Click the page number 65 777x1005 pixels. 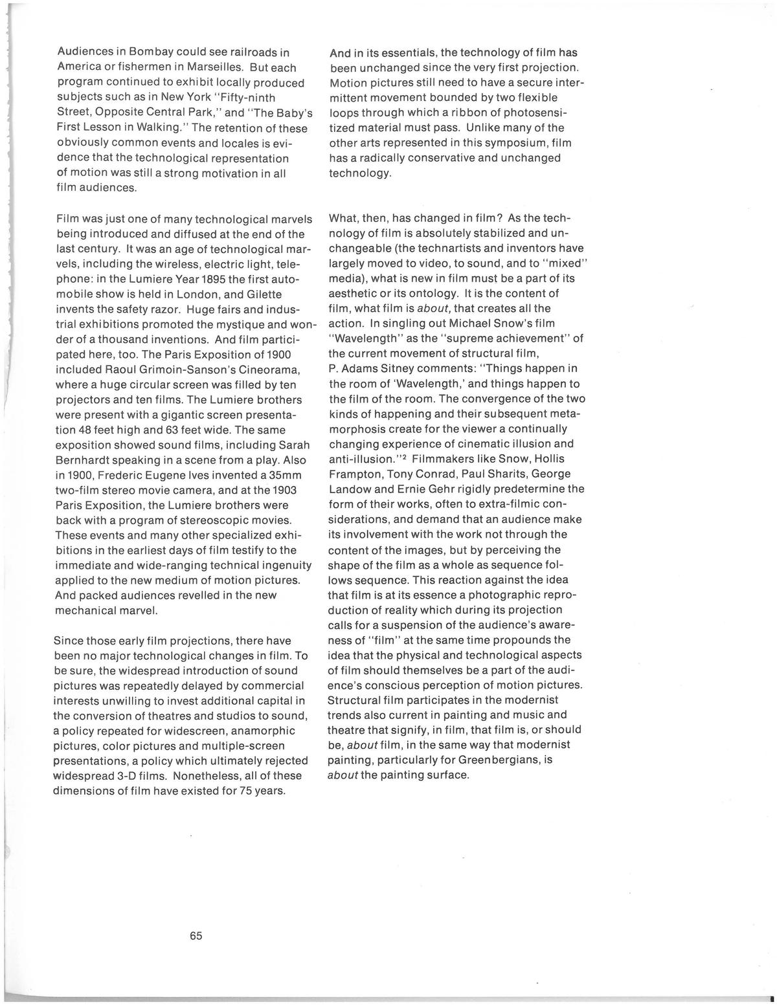point(196,936)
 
